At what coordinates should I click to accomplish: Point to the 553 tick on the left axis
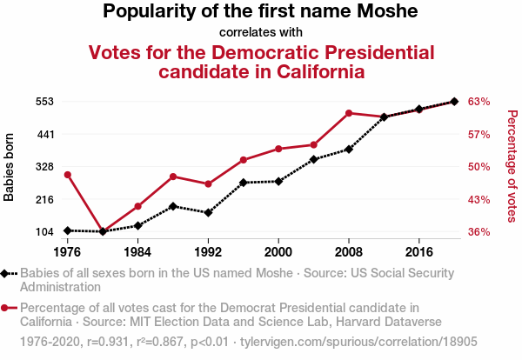pos(44,102)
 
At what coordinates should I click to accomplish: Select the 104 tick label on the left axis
pos(44,232)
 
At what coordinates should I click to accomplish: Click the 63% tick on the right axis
pos(479,102)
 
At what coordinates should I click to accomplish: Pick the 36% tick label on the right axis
pos(479,232)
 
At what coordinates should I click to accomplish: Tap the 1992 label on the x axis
pos(208,252)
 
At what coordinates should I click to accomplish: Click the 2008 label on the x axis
pos(349,252)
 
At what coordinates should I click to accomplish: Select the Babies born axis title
pos(10,167)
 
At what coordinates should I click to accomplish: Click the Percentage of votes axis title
pos(512,167)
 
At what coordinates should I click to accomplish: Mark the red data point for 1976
pos(67,175)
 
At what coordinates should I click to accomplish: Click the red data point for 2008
pos(349,113)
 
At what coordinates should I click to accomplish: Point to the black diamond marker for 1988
pos(173,206)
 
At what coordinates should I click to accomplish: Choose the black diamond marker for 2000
pos(278,181)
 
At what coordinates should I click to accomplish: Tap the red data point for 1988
pos(173,177)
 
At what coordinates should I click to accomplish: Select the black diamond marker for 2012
pos(384,117)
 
